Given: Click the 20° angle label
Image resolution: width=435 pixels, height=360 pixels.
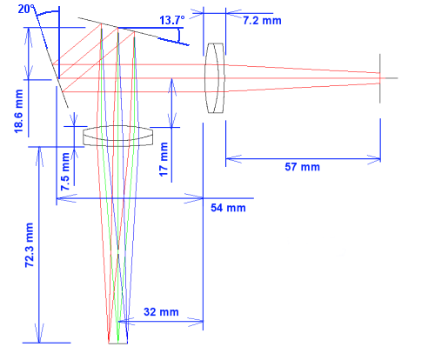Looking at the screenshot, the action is [x=26, y=9].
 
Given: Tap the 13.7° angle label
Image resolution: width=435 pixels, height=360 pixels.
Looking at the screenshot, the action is [x=172, y=20].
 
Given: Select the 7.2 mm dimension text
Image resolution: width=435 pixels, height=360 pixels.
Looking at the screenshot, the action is [x=262, y=21].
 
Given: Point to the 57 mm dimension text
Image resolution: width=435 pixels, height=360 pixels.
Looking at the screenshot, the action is [x=303, y=167].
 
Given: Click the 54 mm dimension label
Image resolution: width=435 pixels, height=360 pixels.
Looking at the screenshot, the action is [x=228, y=208].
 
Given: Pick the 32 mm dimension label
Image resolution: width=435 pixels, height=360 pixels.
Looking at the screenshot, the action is [x=161, y=312].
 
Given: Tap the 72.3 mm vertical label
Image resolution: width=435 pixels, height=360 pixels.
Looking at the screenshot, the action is [x=30, y=245].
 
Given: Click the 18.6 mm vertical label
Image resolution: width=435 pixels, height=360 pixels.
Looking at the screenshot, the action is [x=18, y=111].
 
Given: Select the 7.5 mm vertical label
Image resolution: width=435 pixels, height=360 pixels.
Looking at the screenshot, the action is [x=65, y=171].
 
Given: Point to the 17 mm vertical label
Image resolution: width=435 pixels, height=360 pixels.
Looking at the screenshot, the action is [x=164, y=159].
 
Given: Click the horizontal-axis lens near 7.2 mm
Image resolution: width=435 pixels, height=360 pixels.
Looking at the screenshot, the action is [x=215, y=78].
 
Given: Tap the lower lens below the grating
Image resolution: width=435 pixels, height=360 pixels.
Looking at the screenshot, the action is [x=118, y=136].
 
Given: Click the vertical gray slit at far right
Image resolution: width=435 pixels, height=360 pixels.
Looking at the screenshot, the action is [x=380, y=78].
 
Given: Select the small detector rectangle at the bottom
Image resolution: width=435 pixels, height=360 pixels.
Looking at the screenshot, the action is [x=118, y=341].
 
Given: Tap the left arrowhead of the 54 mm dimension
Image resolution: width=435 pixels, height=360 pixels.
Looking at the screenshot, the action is [x=65, y=198].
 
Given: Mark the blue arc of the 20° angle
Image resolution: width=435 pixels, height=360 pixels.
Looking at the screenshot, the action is [x=48, y=12].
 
